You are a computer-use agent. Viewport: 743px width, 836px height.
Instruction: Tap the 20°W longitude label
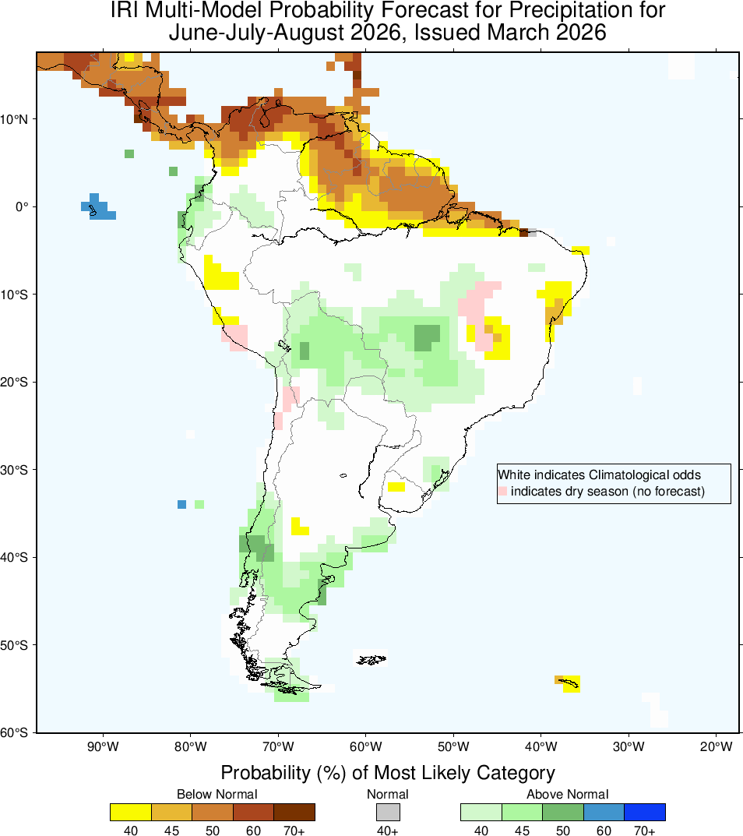click(x=715, y=747)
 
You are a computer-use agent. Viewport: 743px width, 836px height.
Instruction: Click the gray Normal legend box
click(x=388, y=812)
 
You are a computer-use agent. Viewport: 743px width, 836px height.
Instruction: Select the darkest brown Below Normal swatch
click(x=294, y=812)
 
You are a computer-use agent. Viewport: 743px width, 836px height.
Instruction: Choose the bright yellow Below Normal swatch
click(x=131, y=812)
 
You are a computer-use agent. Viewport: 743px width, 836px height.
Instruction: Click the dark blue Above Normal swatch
click(x=645, y=812)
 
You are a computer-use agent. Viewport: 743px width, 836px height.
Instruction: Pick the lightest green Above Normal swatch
click(x=481, y=812)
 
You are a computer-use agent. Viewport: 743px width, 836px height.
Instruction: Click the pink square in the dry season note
click(x=503, y=492)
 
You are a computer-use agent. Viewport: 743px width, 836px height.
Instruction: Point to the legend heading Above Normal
click(x=568, y=794)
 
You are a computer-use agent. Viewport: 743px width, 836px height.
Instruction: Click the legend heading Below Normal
click(x=217, y=794)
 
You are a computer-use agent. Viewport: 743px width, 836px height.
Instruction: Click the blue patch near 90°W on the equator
click(x=97, y=208)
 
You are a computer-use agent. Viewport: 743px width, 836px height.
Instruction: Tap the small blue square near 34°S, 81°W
click(x=181, y=504)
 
